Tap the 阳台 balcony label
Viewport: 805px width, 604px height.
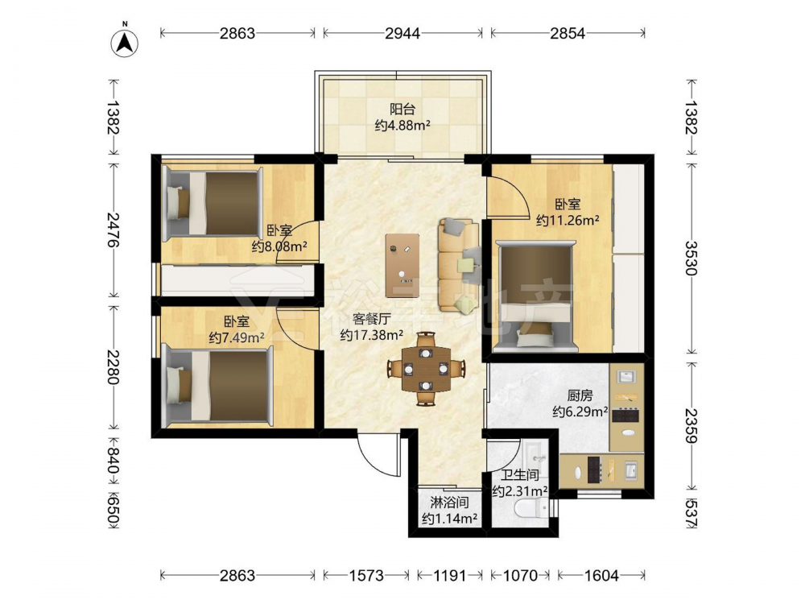(402, 110)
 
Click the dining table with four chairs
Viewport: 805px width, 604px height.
(426, 368)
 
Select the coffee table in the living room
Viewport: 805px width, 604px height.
(402, 264)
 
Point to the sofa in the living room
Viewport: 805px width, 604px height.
(459, 265)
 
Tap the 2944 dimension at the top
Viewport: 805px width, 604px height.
(402, 33)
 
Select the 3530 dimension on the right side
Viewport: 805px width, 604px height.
(691, 258)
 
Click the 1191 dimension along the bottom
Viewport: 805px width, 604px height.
(450, 575)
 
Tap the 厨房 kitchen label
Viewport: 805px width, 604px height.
(580, 395)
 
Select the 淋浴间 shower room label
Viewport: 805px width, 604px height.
(449, 503)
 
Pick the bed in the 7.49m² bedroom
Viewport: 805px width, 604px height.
(217, 386)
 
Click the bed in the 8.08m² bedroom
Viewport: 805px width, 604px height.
(213, 203)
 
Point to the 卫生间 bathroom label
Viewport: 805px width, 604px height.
(520, 475)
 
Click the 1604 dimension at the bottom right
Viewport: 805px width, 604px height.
(601, 575)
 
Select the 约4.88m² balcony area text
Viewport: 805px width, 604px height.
(402, 125)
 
